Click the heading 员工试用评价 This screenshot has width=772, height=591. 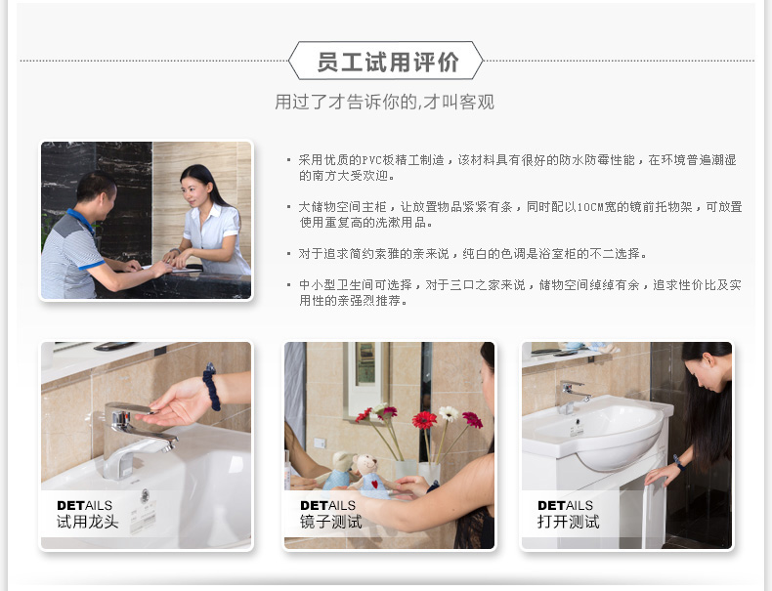coord(387,62)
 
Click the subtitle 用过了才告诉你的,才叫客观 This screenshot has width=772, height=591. coord(384,102)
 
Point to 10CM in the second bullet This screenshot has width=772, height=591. coord(591,207)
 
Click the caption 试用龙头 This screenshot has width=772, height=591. coord(87,522)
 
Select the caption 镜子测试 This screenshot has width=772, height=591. coord(331,522)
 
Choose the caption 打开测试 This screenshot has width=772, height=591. coord(568,522)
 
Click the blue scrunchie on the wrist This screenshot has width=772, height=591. coord(211,387)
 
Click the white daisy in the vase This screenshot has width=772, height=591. coord(449,413)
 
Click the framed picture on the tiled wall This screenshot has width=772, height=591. coord(365,372)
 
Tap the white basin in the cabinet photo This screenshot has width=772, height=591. coord(598,433)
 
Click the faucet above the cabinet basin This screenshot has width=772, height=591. coord(572,397)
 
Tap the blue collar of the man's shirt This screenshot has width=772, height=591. coord(81,220)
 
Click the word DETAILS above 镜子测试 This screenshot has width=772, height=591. coord(327,505)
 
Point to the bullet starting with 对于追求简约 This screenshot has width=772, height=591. coord(467,254)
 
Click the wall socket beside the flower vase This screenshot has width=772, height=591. coord(320,443)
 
